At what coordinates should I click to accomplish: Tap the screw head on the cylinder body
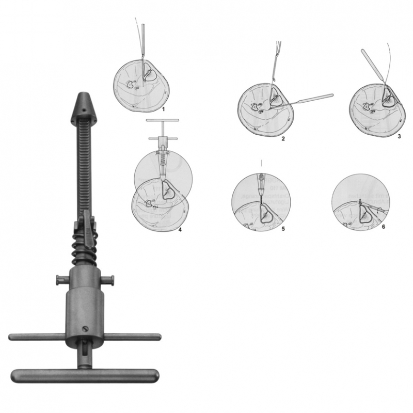point(85,329)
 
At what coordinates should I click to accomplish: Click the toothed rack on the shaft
point(85,165)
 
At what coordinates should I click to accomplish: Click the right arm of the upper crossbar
point(132,337)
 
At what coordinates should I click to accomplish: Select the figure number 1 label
point(163,109)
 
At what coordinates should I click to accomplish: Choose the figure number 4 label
point(180,230)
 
